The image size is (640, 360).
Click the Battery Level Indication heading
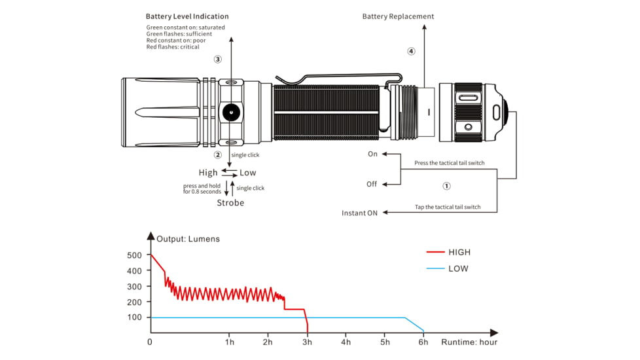(x=187, y=16)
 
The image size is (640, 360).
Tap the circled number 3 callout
(x=218, y=59)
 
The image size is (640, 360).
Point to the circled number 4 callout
(x=411, y=51)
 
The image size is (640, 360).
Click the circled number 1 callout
(x=447, y=186)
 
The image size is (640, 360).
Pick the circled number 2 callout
(x=218, y=155)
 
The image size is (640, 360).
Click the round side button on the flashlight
(x=230, y=113)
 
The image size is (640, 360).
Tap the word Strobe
(x=230, y=203)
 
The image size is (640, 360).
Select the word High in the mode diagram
(x=208, y=173)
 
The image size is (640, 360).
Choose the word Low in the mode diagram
(x=248, y=173)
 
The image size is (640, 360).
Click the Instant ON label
(x=359, y=213)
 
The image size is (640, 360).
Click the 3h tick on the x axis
(x=307, y=342)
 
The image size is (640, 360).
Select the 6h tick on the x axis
(x=424, y=342)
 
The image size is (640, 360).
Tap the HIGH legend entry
(x=459, y=252)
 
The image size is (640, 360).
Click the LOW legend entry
(x=458, y=268)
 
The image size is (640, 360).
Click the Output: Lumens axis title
(x=188, y=239)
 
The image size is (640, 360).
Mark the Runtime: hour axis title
(x=469, y=342)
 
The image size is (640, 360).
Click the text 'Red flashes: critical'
(x=173, y=47)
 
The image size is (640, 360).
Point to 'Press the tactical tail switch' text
(x=450, y=163)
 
